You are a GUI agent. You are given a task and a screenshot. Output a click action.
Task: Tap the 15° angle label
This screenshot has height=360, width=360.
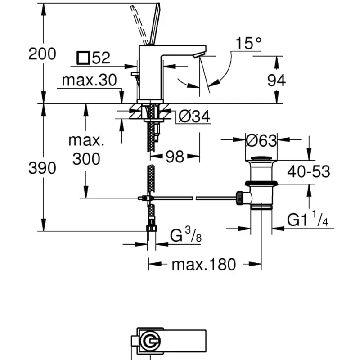pyautogui.click(x=248, y=44)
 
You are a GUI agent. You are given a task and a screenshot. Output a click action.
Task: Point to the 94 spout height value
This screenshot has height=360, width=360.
pyautogui.click(x=276, y=81)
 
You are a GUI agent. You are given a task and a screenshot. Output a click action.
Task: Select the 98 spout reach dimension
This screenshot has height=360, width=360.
pyautogui.click(x=175, y=157)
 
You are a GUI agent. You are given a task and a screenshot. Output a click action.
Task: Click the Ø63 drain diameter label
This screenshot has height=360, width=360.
pyautogui.click(x=261, y=141)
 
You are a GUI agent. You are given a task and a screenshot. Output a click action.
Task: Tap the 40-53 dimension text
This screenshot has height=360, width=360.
pyautogui.click(x=309, y=171)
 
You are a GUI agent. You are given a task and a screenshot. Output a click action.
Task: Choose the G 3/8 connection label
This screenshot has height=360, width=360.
pyautogui.click(x=185, y=236)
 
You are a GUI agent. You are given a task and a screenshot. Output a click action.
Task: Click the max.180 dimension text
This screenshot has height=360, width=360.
pyautogui.click(x=203, y=265)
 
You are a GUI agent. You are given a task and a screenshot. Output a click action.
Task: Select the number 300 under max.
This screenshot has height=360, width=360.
pyautogui.click(x=86, y=158)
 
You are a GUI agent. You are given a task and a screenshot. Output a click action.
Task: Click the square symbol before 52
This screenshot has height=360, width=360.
pyautogui.click(x=83, y=58)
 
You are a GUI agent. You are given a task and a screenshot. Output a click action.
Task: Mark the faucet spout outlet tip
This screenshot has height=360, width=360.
pyautogui.click(x=198, y=55)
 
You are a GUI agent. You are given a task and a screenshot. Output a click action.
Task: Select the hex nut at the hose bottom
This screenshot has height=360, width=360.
pyautogui.click(x=151, y=228)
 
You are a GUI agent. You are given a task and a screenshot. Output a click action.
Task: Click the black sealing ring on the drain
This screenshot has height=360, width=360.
pyautogui.click(x=261, y=183)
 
